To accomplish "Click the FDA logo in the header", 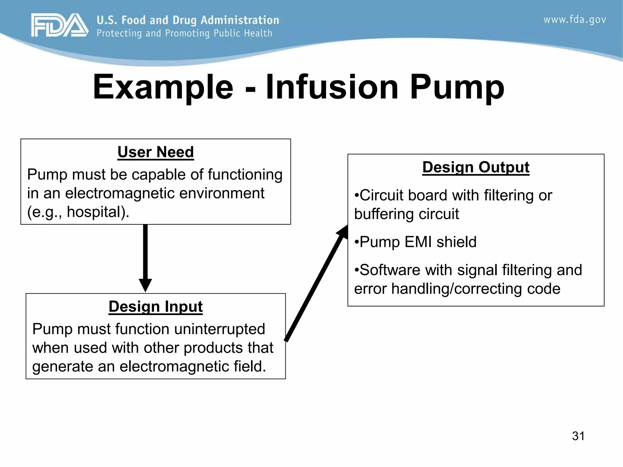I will pyautogui.click(x=60, y=26).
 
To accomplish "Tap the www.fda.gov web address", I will pyautogui.click(x=574, y=20).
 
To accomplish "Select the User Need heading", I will pyautogui.click(x=155, y=152).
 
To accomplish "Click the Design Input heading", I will pyautogui.click(x=155, y=306).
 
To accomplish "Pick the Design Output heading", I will pyautogui.click(x=476, y=167).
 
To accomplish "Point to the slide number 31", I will pyautogui.click(x=578, y=436).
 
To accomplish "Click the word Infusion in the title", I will pyautogui.click(x=332, y=87).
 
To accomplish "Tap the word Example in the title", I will pyautogui.click(x=163, y=87).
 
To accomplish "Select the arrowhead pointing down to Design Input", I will pyautogui.click(x=145, y=285).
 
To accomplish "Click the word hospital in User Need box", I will pyautogui.click(x=95, y=212).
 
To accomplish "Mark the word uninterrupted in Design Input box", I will pyautogui.click(x=219, y=329).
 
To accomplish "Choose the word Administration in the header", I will pyautogui.click(x=240, y=20).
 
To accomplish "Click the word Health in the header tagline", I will pyautogui.click(x=258, y=33).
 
